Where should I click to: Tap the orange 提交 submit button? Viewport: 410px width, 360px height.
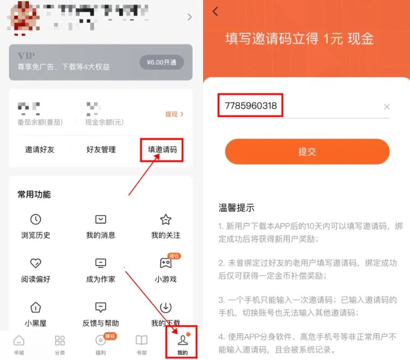pyautogui.click(x=307, y=152)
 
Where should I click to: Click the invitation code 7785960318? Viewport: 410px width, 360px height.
pyautogui.click(x=251, y=106)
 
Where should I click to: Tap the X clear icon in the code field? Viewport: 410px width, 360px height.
pyautogui.click(x=386, y=107)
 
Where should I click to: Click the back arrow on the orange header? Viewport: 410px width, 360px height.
pyautogui.click(x=216, y=11)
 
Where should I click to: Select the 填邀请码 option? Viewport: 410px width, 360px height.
pyautogui.click(x=162, y=150)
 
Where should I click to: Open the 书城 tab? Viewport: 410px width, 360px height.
pyautogui.click(x=19, y=344)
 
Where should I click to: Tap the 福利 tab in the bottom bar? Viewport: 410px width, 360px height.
pyautogui.click(x=100, y=344)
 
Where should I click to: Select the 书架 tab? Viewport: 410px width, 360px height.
pyautogui.click(x=141, y=344)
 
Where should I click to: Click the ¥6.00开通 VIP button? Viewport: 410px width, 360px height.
pyautogui.click(x=162, y=62)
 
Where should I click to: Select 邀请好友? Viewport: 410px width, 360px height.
pyautogui.click(x=40, y=150)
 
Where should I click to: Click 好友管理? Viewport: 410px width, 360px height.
pyautogui.click(x=101, y=150)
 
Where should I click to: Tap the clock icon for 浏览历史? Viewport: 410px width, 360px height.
pyautogui.click(x=36, y=220)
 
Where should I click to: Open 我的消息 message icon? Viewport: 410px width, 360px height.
pyautogui.click(x=101, y=220)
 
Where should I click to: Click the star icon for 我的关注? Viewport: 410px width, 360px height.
pyautogui.click(x=165, y=220)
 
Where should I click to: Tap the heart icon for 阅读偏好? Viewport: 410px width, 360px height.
pyautogui.click(x=36, y=263)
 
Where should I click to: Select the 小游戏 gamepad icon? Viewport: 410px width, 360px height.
pyautogui.click(x=165, y=263)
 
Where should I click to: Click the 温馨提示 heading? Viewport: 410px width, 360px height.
pyautogui.click(x=237, y=208)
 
